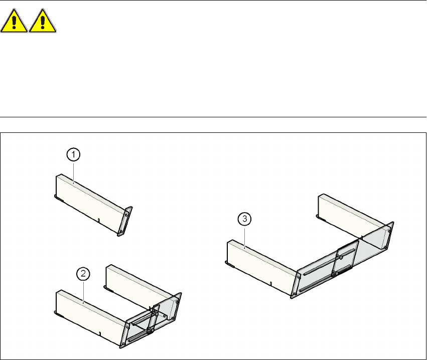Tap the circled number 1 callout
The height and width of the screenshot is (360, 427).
coord(73,155)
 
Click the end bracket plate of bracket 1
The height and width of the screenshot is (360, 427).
coord(125,221)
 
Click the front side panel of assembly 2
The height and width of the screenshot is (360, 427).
coord(88,316)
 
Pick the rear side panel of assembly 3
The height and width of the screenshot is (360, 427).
coord(351,216)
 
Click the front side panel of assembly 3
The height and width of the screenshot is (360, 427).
coord(261,266)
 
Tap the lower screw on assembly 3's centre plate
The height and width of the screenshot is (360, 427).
coord(333,274)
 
